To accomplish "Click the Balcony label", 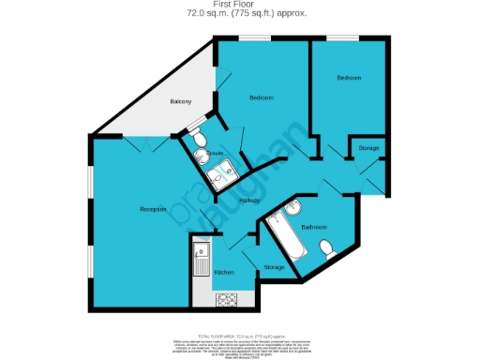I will pyautogui.click(x=181, y=101).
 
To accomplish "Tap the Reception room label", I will pyautogui.click(x=153, y=209).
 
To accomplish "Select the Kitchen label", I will pyautogui.click(x=223, y=272).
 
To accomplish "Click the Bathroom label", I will pyautogui.click(x=313, y=228).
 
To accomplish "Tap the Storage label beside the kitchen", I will pyautogui.click(x=274, y=268).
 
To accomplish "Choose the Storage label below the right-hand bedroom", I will pyautogui.click(x=367, y=148).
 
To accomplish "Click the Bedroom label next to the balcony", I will pyautogui.click(x=261, y=97).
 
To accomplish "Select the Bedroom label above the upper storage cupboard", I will pyautogui.click(x=349, y=77).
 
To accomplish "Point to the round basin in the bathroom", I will pyautogui.click(x=292, y=207).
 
